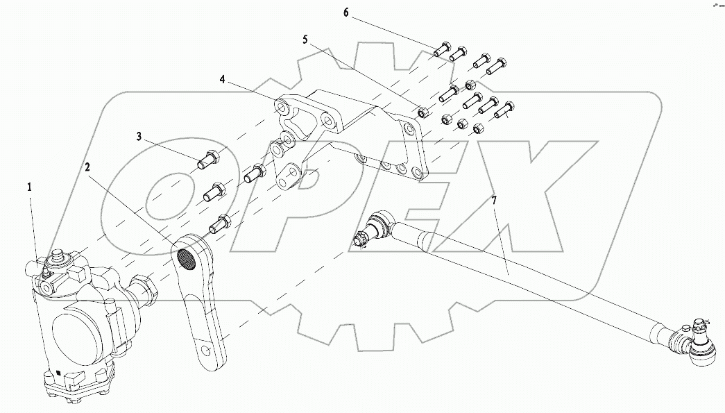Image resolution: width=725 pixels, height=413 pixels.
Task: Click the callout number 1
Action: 29,187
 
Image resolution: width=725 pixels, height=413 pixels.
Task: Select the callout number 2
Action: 87,167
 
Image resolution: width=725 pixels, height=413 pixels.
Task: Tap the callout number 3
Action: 139,137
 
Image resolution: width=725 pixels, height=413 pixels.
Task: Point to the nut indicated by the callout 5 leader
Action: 422,110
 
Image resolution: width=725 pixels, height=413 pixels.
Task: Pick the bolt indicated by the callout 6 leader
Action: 442,49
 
